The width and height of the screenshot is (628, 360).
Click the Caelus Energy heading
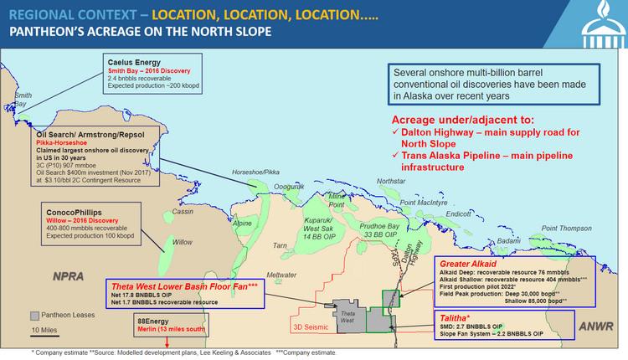[x=135, y=62]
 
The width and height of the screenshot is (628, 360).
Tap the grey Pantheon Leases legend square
[x=34, y=316]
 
